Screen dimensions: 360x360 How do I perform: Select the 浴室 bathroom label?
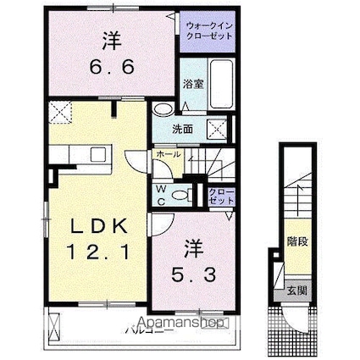193,84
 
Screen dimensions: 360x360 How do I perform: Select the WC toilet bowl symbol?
180,195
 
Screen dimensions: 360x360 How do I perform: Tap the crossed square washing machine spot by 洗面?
217,130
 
